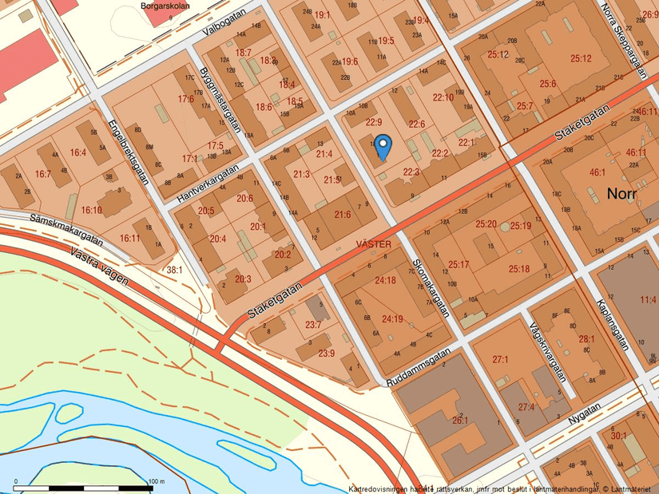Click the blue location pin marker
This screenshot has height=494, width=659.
pyautogui.click(x=383, y=145)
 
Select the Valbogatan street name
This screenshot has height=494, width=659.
pyautogui.click(x=225, y=30)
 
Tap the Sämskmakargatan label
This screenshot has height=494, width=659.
pyautogui.click(x=66, y=228)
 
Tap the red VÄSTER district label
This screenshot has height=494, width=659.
pyautogui.click(x=373, y=245)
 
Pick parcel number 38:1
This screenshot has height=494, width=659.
pyautogui.click(x=174, y=270)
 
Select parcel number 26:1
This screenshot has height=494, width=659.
pyautogui.click(x=460, y=420)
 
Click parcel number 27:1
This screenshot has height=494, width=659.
pyautogui.click(x=501, y=360)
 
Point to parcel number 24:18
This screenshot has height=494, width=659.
pyautogui.click(x=385, y=280)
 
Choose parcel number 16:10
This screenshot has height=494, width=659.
pyautogui.click(x=91, y=210)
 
